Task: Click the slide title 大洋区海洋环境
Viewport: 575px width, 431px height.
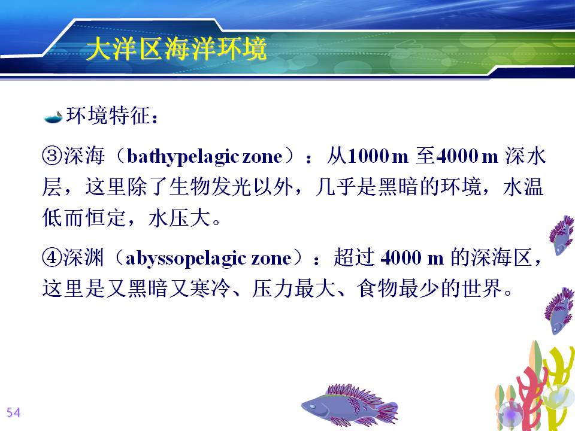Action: (176, 48)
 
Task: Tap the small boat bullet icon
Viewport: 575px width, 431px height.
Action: (53, 117)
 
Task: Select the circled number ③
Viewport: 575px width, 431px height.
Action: (53, 156)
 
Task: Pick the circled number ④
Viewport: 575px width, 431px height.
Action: (53, 257)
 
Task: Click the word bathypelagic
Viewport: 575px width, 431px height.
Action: (183, 157)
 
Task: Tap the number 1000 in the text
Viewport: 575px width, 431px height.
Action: (368, 156)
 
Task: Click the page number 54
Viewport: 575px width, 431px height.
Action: (14, 412)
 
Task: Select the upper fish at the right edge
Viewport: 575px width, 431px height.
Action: (562, 235)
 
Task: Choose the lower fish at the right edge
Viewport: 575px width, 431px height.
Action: (560, 311)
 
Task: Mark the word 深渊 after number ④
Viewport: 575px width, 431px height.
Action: (84, 257)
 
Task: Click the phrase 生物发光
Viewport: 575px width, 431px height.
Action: (211, 187)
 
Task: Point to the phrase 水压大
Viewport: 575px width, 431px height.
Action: (179, 218)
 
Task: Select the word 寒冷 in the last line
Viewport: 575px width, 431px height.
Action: (211, 288)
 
